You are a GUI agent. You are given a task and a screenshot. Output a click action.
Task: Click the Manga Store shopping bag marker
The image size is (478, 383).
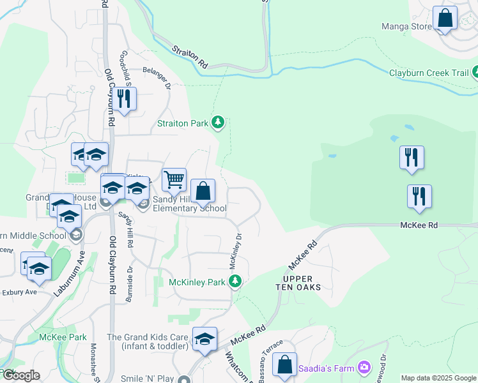tap(445, 19)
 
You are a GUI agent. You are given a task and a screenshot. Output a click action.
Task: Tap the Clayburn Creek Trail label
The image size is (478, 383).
tap(429, 73)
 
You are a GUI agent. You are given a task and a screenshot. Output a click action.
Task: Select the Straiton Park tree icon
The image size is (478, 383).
tap(218, 122)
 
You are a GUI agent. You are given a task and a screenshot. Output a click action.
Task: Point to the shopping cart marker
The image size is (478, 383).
tap(174, 181)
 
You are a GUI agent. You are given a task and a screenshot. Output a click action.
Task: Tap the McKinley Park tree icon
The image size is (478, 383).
tap(235, 281)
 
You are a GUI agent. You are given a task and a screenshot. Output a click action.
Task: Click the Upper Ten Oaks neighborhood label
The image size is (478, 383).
tap(302, 283)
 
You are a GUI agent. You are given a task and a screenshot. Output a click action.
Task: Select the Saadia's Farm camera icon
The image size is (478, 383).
tap(364, 366)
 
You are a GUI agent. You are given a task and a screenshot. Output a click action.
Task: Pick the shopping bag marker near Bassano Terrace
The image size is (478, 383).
tap(285, 366)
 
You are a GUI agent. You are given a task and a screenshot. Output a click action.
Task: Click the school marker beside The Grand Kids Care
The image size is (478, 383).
tap(205, 339)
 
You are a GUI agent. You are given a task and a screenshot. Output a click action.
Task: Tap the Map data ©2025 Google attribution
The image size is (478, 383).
tap(438, 378)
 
